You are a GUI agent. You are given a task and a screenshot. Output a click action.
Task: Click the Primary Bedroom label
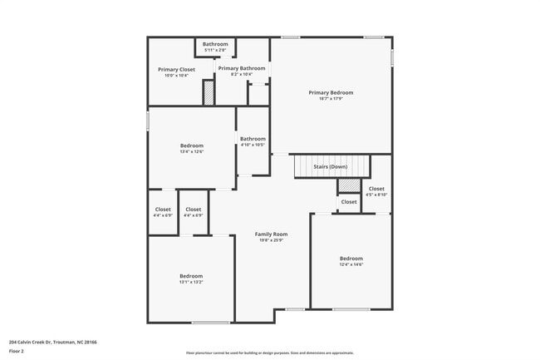pos(331,92)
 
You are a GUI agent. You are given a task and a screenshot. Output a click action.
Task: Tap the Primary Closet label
pos(176,69)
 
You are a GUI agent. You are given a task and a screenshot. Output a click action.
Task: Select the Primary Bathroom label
pos(242,68)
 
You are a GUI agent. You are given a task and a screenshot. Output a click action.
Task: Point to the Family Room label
pos(270,234)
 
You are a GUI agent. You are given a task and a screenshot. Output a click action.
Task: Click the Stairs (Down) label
pos(330,166)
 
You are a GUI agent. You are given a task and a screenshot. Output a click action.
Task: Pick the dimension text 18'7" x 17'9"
pos(331,99)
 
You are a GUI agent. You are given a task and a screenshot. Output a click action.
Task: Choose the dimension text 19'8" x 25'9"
pos(270,241)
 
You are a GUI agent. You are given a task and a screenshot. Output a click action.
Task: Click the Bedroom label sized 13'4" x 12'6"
pos(192,145)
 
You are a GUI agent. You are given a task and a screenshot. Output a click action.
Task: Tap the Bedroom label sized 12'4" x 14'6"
pos(351,258)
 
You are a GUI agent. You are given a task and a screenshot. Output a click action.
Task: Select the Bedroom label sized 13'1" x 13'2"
pos(191,276)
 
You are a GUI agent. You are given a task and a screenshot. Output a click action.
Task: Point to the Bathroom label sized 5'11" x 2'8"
pos(215,44)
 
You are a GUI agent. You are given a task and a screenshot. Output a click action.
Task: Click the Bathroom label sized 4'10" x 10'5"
pos(253,139)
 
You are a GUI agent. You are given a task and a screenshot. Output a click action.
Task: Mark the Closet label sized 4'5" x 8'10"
pos(376,189)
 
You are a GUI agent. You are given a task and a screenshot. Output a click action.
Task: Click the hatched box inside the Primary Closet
pos(209,93)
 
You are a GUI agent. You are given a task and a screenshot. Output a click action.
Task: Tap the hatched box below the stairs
pos(350,185)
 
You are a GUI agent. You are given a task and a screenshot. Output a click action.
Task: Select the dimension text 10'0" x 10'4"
pos(176,76)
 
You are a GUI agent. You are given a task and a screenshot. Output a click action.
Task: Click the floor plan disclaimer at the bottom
pos(269,353)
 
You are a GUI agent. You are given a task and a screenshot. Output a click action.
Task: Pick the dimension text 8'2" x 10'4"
pos(242,75)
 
